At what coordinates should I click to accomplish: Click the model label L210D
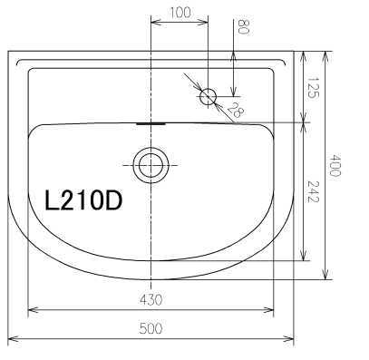coord(83,200)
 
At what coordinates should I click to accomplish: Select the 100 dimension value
coord(180,13)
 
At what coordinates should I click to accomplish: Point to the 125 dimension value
coord(313,87)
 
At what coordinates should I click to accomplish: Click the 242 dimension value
coord(313,191)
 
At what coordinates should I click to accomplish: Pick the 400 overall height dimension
coord(335,165)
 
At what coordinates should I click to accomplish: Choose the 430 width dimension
coord(151,299)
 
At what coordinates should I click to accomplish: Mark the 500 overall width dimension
coord(151,328)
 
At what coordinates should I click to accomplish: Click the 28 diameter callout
coord(235,110)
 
